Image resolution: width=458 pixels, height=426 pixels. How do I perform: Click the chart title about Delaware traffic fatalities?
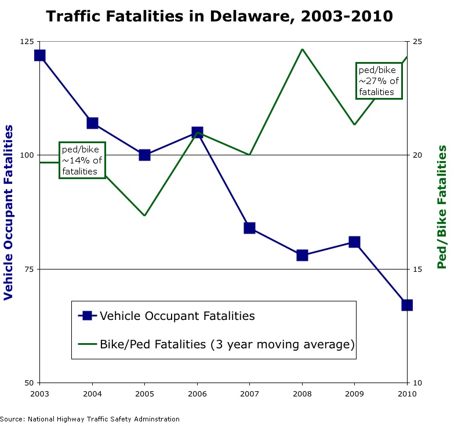219,16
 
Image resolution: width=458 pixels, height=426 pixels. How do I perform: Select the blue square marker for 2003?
39,56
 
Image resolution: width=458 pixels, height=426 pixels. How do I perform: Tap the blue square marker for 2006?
197,133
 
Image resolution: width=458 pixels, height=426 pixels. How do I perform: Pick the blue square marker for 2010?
407,305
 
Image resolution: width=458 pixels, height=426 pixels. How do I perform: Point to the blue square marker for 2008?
302,255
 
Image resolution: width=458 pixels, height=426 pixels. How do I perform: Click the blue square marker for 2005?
144,155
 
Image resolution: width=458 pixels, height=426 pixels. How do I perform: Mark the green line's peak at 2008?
302,49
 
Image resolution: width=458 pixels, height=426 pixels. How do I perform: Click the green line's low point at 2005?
144,216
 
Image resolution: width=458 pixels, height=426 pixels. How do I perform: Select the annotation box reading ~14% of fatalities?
82,159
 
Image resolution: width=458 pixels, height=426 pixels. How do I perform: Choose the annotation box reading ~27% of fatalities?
379,81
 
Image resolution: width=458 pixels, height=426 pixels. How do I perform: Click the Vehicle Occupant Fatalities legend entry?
167,316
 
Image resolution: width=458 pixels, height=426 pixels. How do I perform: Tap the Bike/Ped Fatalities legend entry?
216,344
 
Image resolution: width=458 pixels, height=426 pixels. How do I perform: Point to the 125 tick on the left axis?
27,42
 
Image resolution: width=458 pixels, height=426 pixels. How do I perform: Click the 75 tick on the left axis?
29,269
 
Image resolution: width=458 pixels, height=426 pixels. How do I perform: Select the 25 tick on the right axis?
418,42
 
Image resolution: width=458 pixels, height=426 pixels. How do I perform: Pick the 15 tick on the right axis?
418,269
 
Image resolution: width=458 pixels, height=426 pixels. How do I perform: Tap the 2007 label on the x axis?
249,394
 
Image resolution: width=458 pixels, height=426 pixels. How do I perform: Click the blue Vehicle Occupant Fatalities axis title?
9,212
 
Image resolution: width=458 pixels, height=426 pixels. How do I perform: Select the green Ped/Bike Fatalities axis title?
442,207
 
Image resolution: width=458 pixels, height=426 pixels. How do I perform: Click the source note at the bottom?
90,419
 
